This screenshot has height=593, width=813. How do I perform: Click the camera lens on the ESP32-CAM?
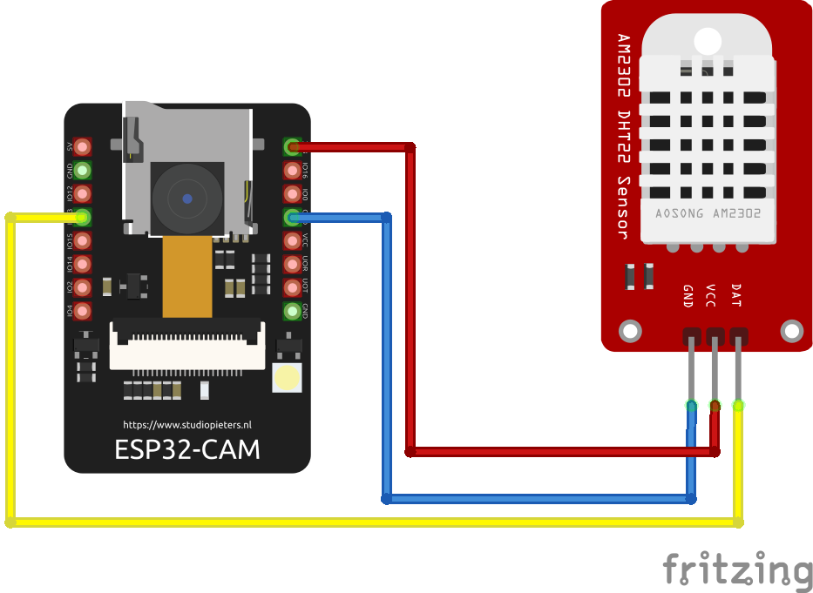pyautogui.click(x=186, y=199)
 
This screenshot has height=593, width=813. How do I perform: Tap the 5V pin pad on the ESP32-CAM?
pyautogui.click(x=83, y=147)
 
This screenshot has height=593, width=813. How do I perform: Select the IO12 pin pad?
pyautogui.click(x=83, y=193)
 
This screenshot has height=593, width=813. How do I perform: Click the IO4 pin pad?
pyautogui.click(x=83, y=311)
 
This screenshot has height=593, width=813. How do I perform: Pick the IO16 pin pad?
pyautogui.click(x=292, y=170)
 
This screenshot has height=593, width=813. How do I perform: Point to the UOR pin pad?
pyautogui.click(x=292, y=264)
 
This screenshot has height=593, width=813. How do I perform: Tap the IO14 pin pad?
pyautogui.click(x=83, y=264)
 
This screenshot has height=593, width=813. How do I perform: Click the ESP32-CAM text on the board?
pyautogui.click(x=186, y=449)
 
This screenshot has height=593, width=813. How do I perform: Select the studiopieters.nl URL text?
pyautogui.click(x=186, y=425)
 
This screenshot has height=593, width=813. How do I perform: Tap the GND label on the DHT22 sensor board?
pyautogui.click(x=688, y=296)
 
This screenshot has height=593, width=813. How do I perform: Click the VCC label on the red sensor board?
pyautogui.click(x=711, y=296)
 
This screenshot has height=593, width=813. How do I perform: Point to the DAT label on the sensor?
pyautogui.click(x=735, y=296)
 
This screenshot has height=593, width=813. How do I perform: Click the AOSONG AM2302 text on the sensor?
pyautogui.click(x=708, y=212)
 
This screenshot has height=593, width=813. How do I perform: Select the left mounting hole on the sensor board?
pyautogui.click(x=629, y=331)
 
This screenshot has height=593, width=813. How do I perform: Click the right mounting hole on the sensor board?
pyautogui.click(x=791, y=331)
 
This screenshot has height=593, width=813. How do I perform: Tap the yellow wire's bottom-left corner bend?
pyautogui.click(x=10, y=522)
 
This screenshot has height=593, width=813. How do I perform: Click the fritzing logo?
pyautogui.click(x=737, y=570)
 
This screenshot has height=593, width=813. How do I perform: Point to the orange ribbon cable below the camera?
pyautogui.click(x=187, y=276)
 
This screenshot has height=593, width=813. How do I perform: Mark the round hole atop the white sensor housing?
pyautogui.click(x=708, y=39)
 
